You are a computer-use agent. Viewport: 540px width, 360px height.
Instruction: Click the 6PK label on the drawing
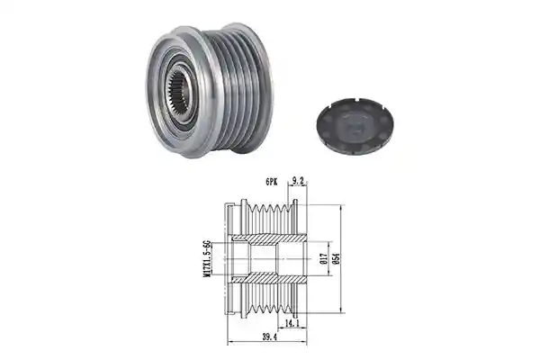(271, 182)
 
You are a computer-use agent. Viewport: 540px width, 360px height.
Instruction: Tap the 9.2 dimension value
(297, 180)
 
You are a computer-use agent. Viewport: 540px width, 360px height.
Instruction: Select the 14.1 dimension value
(292, 323)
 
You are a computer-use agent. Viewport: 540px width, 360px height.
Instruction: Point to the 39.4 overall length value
(269, 337)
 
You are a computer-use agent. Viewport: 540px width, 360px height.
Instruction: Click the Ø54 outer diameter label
(337, 258)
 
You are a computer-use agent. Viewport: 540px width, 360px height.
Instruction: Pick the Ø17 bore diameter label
(323, 258)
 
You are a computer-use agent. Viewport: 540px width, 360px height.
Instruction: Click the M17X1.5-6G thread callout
(207, 258)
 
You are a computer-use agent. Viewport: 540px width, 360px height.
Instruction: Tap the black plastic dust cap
(355, 126)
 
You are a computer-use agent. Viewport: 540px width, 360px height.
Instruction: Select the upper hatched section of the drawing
(269, 238)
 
